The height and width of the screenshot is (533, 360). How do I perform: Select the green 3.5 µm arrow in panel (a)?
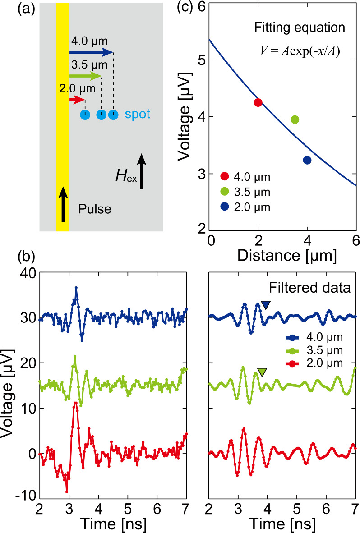[x=86, y=75]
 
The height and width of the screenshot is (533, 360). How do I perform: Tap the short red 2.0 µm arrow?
[x=77, y=99]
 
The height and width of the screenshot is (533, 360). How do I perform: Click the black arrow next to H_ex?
[x=142, y=171]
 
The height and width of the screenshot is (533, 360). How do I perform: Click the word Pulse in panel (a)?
[x=94, y=210]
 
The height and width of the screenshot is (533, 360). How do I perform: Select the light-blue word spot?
[x=137, y=115]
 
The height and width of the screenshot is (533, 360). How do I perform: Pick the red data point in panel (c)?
[x=258, y=102]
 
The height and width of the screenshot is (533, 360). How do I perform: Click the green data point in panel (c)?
[x=295, y=119]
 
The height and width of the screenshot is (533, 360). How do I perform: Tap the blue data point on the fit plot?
[x=307, y=160]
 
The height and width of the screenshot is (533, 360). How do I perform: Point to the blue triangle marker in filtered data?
[x=266, y=305]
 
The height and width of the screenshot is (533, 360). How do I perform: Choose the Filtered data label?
[x=311, y=287]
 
